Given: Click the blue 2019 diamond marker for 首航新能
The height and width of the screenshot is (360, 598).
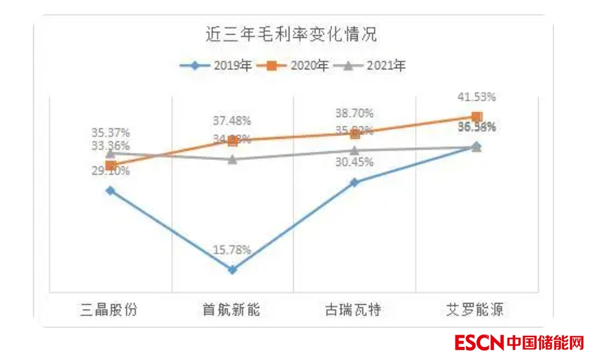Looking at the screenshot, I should [x=232, y=270].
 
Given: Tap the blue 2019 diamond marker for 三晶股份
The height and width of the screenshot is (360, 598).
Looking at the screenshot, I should [x=110, y=191].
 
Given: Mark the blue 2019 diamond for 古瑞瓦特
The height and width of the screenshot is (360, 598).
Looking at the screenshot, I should [x=354, y=182].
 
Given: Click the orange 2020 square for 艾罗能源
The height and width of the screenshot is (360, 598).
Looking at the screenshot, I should [x=477, y=116].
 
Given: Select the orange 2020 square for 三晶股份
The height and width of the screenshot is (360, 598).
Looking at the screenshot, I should [x=110, y=165].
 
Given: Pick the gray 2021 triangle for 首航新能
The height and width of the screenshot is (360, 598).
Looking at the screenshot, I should [x=232, y=159].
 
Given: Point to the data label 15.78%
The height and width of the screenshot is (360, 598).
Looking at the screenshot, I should [x=232, y=250].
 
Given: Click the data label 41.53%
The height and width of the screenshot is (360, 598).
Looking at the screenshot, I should [x=477, y=97].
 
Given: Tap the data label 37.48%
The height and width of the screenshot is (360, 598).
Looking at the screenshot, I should [x=232, y=121].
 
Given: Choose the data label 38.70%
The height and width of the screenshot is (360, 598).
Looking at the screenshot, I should [x=354, y=113].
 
